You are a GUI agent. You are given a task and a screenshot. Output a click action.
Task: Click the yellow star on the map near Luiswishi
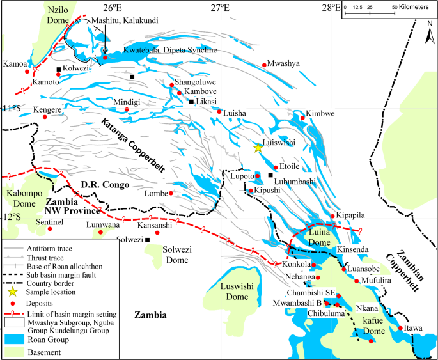[x=258, y=147]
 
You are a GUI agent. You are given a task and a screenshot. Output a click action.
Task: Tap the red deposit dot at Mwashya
[x=265, y=65]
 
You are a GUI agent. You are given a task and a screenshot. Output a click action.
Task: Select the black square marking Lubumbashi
[x=270, y=175]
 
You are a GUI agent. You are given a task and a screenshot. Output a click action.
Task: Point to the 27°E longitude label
[x=221, y=8]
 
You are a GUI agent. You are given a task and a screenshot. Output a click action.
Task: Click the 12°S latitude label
[x=11, y=217]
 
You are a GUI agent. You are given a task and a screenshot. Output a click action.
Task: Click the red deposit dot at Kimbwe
[x=302, y=117]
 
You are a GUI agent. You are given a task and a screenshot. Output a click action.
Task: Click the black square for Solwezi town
[x=148, y=240]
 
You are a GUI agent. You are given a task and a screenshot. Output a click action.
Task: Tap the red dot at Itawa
[x=401, y=328]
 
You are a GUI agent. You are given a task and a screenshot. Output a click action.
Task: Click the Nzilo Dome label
[x=49, y=15]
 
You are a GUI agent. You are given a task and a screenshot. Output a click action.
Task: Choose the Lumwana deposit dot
[x=100, y=233]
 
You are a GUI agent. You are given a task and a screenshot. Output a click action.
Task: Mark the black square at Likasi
[x=191, y=102]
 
